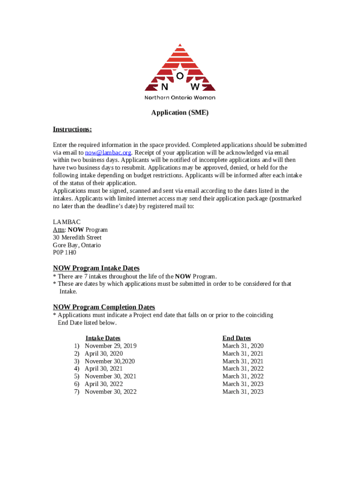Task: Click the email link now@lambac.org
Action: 108,152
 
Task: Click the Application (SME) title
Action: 180,113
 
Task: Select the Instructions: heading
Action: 72,129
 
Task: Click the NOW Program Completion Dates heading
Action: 104,307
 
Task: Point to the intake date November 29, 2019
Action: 110,346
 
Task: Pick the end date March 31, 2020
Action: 243,346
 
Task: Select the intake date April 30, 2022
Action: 103,384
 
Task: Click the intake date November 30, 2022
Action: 110,392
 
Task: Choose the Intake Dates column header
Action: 102,338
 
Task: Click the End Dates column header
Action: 237,338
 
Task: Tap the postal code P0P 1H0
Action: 64,253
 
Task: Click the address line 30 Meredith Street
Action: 77,237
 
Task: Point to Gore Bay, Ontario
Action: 76,245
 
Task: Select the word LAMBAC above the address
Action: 66,222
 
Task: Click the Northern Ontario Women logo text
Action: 180,97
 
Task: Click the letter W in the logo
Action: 195,87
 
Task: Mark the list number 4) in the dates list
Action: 76,369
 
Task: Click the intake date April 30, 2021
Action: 103,369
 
